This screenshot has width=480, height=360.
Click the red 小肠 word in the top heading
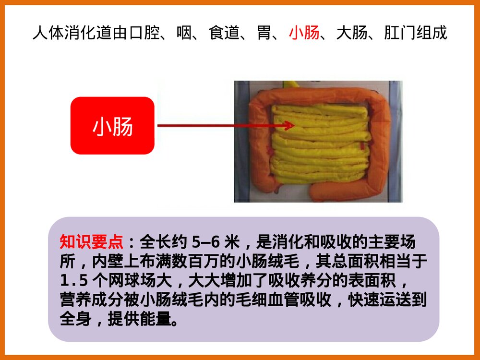coord(304,33)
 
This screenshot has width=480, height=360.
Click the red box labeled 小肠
coord(112,126)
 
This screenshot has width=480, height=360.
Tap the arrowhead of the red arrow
coord(289,126)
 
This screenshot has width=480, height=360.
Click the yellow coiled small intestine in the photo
coord(319,144)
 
